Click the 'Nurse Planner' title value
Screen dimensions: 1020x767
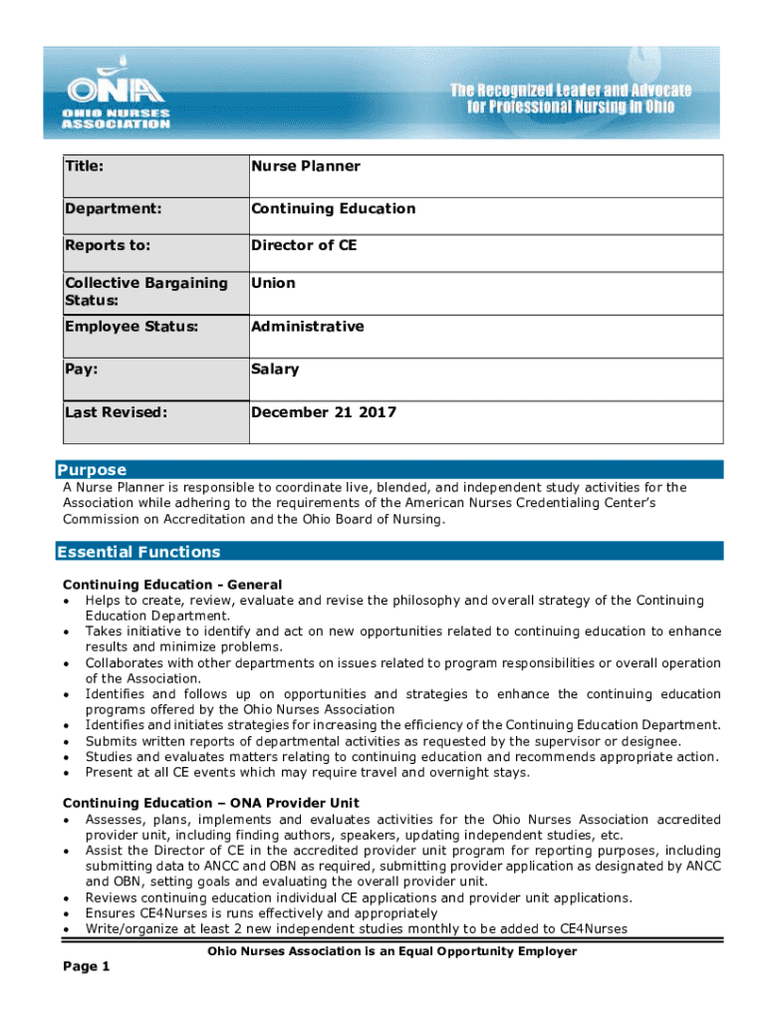coord(305,166)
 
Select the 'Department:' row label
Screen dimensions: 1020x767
coord(115,209)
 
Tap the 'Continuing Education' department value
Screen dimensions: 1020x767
coord(333,209)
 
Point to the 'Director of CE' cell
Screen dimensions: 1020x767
coord(303,245)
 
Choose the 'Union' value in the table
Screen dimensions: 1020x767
coord(273,283)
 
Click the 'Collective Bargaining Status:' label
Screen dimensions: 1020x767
coord(145,292)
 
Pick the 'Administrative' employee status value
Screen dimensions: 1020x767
coord(307,327)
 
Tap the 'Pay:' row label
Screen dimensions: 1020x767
coord(83,370)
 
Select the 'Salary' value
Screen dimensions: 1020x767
coord(275,370)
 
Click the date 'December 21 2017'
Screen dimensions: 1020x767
coord(323,412)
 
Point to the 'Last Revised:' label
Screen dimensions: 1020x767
coord(116,412)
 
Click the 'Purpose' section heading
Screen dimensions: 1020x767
coord(92,470)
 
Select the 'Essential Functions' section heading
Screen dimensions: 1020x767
coord(138,552)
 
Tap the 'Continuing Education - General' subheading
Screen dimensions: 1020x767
coord(172,585)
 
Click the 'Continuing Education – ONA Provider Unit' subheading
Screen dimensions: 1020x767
coord(210,803)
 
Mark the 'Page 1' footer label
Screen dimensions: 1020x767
coord(87,967)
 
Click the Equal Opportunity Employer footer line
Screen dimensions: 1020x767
coord(391,951)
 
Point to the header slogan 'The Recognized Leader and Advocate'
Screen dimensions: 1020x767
coord(571,91)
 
